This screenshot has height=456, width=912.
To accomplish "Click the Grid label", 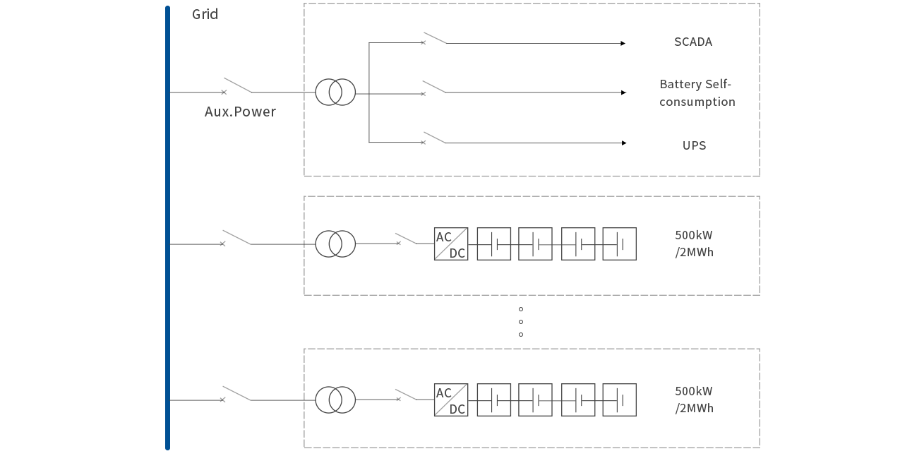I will [205, 14].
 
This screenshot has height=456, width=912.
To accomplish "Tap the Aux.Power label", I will [240, 112].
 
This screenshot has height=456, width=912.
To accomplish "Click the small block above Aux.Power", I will [238, 84].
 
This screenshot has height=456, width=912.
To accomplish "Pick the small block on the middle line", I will [236, 236].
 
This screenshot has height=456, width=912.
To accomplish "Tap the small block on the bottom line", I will [236, 392].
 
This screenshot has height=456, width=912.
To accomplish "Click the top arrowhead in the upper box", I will [623, 44].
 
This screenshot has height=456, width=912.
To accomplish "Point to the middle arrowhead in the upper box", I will [623, 92].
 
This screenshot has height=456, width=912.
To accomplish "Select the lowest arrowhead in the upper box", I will [624, 143].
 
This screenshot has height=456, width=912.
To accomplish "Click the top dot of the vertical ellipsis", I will [520, 309].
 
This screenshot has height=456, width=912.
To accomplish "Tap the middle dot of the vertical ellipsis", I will [520, 322].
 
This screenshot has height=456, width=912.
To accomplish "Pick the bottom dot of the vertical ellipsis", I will [520, 335].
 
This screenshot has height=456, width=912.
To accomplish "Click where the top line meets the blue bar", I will [170, 92].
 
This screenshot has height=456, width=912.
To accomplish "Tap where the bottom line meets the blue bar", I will [170, 400].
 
